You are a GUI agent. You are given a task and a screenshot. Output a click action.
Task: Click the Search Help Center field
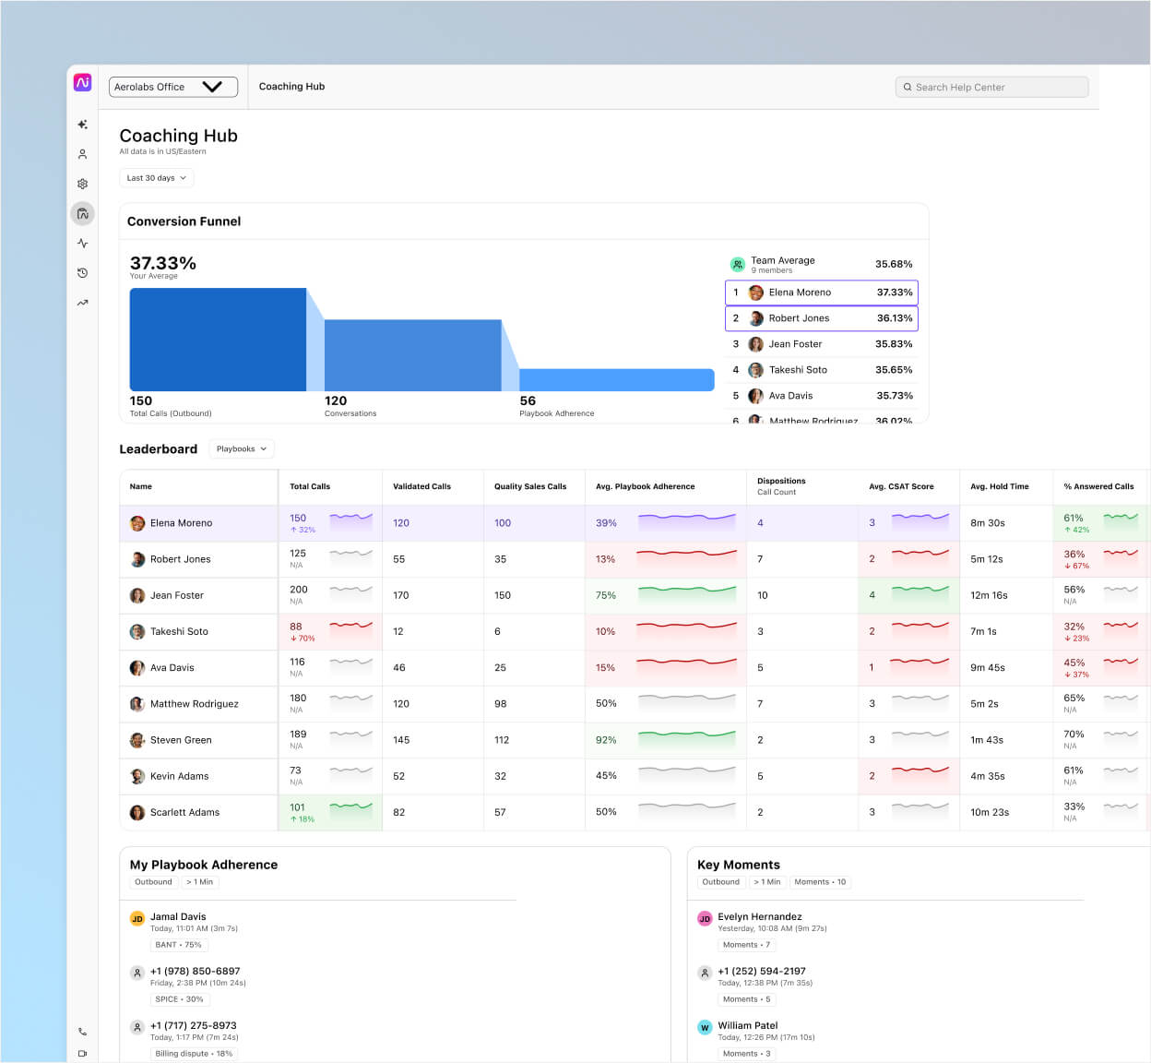coord(991,87)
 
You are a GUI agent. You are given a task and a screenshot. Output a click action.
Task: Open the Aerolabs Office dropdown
coord(172,87)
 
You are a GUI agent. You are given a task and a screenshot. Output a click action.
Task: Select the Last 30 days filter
coord(156,178)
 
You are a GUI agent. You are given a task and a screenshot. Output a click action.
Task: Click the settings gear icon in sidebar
coord(82,184)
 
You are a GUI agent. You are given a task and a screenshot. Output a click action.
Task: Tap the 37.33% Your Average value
coord(163,264)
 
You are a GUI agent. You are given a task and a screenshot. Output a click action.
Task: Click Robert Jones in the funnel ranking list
coord(799,318)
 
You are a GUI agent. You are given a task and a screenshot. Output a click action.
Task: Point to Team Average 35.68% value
coord(893,264)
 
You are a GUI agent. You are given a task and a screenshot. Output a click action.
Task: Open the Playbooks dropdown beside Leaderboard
coord(241,449)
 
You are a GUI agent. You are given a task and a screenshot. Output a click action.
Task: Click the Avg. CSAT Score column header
coord(901,486)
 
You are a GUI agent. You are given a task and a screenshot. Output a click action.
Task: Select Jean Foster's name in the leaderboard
coord(177,595)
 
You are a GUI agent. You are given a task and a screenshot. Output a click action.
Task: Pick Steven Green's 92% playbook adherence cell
coord(606,740)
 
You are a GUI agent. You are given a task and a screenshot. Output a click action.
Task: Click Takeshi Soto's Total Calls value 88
coord(296,627)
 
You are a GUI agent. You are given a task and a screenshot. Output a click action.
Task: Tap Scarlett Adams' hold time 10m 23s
coord(990,812)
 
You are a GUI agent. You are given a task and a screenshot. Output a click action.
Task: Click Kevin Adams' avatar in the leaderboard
coord(137,776)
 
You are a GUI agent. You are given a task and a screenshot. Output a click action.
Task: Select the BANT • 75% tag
coord(179,945)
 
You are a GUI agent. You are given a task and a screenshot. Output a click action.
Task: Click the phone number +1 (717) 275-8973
coord(194,1025)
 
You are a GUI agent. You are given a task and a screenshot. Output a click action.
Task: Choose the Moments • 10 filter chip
coord(820,882)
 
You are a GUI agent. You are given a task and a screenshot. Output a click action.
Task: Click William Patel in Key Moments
coord(748,1025)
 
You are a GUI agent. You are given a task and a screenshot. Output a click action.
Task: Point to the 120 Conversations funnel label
coord(336,401)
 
